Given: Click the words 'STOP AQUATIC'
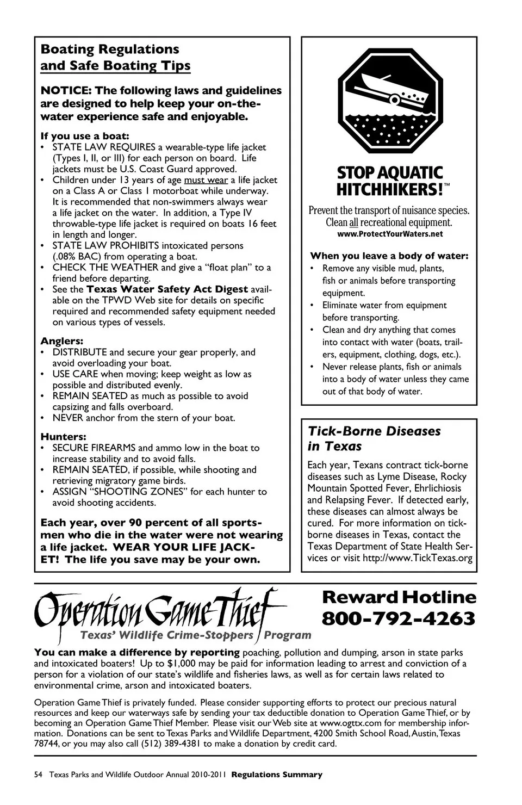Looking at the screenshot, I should coord(390,173).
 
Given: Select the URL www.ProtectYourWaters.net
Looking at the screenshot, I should coord(390,234).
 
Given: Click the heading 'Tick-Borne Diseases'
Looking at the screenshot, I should coord(374,431).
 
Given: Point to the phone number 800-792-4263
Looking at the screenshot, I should coord(399,618).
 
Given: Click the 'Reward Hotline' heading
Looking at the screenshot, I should coord(399,597).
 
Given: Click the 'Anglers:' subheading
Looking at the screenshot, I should coord(62,341).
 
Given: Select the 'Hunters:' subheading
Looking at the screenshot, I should coord(64,437).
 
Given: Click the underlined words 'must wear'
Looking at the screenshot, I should coord(206,180).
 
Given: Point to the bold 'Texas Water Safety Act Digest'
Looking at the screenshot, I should coord(167,289).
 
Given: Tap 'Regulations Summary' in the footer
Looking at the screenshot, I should coord(277,775).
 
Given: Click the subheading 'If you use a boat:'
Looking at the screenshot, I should coord(84,136).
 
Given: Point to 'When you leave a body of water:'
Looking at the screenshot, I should coord(389,256).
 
